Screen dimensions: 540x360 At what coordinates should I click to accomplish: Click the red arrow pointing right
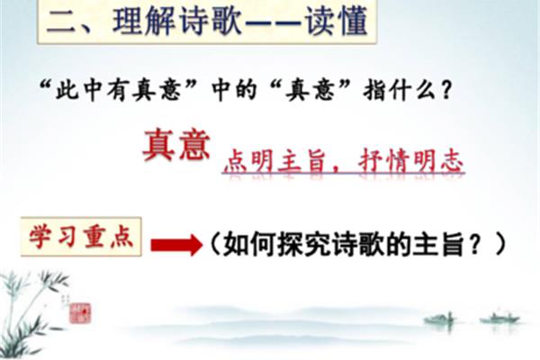[x=176, y=245]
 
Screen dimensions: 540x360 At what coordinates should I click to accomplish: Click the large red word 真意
[x=176, y=146]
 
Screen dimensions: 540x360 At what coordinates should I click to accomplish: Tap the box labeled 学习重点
[x=81, y=237]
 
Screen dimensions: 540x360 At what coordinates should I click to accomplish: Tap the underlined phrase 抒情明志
[x=410, y=161]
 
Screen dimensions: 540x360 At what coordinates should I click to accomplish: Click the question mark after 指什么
[x=446, y=90]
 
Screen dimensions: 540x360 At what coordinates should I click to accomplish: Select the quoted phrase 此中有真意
[x=118, y=90]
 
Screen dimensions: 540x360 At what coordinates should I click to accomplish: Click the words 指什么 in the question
[x=400, y=90]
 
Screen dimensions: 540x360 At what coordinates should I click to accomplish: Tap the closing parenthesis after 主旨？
[x=500, y=245]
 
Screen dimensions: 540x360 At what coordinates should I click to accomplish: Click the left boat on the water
[x=439, y=319]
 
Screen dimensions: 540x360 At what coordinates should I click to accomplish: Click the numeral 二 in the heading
[x=60, y=22]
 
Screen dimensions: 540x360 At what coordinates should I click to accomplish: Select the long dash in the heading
[x=273, y=22]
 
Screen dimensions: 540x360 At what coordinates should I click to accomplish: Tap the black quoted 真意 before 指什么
[x=310, y=90]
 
